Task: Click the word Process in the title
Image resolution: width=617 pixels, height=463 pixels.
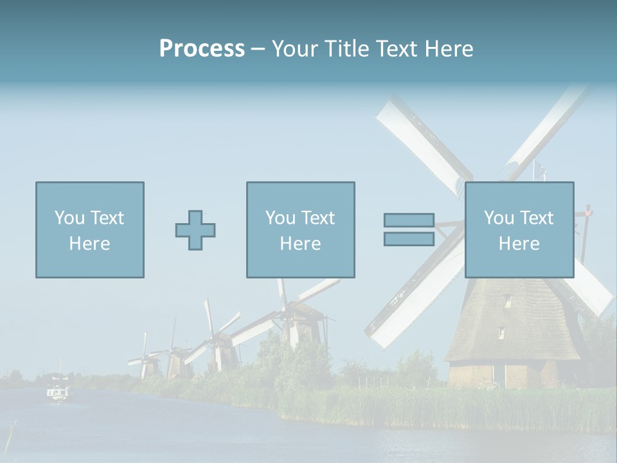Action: [202, 49]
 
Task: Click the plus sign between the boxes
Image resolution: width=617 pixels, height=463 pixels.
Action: [195, 230]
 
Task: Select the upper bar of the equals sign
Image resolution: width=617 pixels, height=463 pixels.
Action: [409, 221]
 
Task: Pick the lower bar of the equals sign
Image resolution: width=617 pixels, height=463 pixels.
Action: [409, 239]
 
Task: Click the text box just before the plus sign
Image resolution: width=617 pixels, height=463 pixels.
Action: [89, 230]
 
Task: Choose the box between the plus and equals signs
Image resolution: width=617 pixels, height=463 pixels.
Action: [300, 230]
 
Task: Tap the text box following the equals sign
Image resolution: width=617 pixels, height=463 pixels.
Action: [519, 230]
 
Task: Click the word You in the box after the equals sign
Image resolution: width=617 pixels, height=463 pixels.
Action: [499, 218]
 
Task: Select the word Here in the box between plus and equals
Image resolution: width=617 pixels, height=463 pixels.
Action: [300, 244]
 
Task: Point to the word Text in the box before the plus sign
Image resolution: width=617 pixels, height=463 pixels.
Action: [107, 218]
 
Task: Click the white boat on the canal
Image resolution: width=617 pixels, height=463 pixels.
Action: [58, 392]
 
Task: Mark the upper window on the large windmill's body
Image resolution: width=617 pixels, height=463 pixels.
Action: [507, 301]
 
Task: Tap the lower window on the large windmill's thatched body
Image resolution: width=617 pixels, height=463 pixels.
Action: [500, 332]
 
